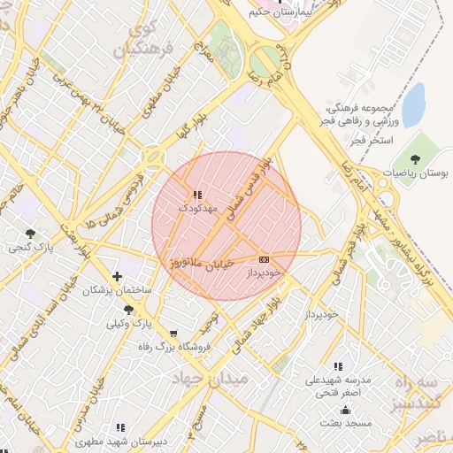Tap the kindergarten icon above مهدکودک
click(196, 195)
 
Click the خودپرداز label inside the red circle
click(264, 273)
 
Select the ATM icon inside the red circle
click(264, 259)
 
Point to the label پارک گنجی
click(32, 247)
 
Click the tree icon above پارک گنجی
click(31, 234)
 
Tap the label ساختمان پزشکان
click(118, 290)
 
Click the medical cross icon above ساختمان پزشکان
click(117, 277)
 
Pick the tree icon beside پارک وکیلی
click(129, 310)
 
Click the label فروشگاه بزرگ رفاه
click(173, 347)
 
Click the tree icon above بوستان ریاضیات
click(416, 159)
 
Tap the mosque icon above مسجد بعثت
click(344, 410)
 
